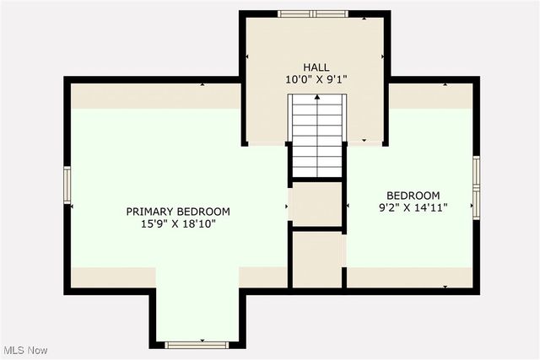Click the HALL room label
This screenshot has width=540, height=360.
[x=316, y=67]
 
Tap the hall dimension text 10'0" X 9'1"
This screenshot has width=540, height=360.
[x=316, y=79]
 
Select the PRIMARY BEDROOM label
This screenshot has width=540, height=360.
[x=178, y=211]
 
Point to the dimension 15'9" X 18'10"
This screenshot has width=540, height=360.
[x=178, y=224]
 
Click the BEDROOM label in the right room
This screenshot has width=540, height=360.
[x=413, y=193]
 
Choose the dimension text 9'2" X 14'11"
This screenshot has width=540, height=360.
[x=413, y=207]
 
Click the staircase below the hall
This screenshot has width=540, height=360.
[x=317, y=139]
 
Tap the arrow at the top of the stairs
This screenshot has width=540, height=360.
[x=317, y=99]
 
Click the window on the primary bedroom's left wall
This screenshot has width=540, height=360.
[x=67, y=185]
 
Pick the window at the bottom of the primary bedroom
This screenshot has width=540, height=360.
[x=196, y=344]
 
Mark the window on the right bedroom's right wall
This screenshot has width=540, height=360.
[x=476, y=185]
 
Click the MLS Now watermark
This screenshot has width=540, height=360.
[x=24, y=350]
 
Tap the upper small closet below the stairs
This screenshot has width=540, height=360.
[x=316, y=205]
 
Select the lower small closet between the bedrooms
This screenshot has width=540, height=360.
[x=316, y=260]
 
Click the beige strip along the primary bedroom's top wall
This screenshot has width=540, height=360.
[x=156, y=95]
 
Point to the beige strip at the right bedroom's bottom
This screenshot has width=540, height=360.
[x=410, y=277]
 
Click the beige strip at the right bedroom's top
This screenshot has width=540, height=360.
[x=430, y=95]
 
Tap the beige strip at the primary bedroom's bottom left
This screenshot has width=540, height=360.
[x=112, y=277]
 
